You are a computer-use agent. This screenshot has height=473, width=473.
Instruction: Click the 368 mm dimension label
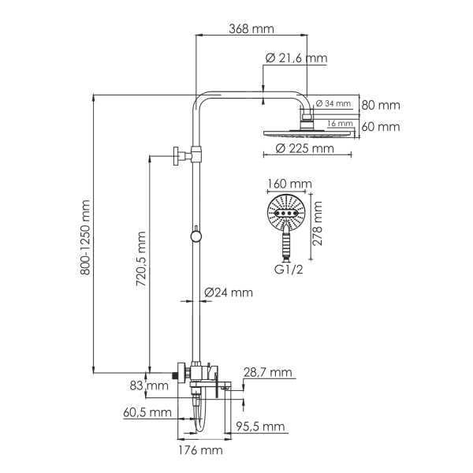tap(251, 29)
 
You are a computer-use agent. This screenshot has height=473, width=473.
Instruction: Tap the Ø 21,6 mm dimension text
tap(296, 58)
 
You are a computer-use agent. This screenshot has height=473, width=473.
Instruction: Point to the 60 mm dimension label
tap(381, 126)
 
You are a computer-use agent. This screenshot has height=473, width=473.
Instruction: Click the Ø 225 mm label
tap(300, 147)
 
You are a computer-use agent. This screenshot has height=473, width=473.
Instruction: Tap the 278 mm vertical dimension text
tap(318, 225)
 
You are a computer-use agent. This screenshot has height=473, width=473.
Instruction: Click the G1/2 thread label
tap(288, 270)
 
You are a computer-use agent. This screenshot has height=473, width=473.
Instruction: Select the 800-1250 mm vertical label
tap(86, 237)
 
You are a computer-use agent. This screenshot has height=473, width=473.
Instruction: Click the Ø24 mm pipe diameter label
tap(228, 292)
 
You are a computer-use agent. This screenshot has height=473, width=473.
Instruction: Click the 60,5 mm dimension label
tap(147, 412)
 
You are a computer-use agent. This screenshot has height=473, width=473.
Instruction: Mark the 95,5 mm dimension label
tap(261, 426)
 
